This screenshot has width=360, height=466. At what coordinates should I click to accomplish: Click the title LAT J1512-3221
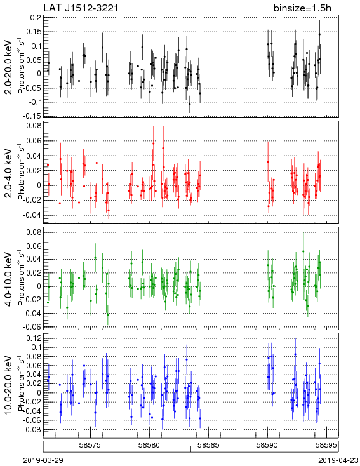point(81,8)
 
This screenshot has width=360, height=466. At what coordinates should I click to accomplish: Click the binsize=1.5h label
point(302,8)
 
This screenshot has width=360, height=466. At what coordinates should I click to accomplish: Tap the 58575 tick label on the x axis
point(90,445)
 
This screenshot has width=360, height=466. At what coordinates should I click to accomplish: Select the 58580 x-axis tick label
point(149,445)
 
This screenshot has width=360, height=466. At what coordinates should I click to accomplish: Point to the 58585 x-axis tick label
point(209,445)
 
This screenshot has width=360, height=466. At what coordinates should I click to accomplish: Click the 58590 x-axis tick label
point(267,445)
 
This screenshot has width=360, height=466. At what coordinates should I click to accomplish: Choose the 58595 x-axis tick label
point(326,445)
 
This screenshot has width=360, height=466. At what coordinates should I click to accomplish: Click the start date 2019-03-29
point(43,460)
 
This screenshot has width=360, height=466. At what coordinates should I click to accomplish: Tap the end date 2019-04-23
point(338,460)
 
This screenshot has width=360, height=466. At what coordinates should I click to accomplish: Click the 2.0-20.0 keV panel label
point(9,67)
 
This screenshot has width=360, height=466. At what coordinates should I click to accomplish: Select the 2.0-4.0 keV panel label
point(9,173)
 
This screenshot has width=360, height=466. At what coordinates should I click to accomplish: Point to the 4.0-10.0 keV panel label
point(9,279)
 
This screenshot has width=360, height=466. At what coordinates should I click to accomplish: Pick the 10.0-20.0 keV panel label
point(9,384)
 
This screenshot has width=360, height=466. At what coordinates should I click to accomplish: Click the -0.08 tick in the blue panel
point(32,429)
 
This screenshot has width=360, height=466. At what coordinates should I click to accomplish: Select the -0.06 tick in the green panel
point(32,327)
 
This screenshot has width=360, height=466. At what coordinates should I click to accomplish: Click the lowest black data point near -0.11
point(190,104)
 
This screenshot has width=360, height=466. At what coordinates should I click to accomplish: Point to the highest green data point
point(303,251)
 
